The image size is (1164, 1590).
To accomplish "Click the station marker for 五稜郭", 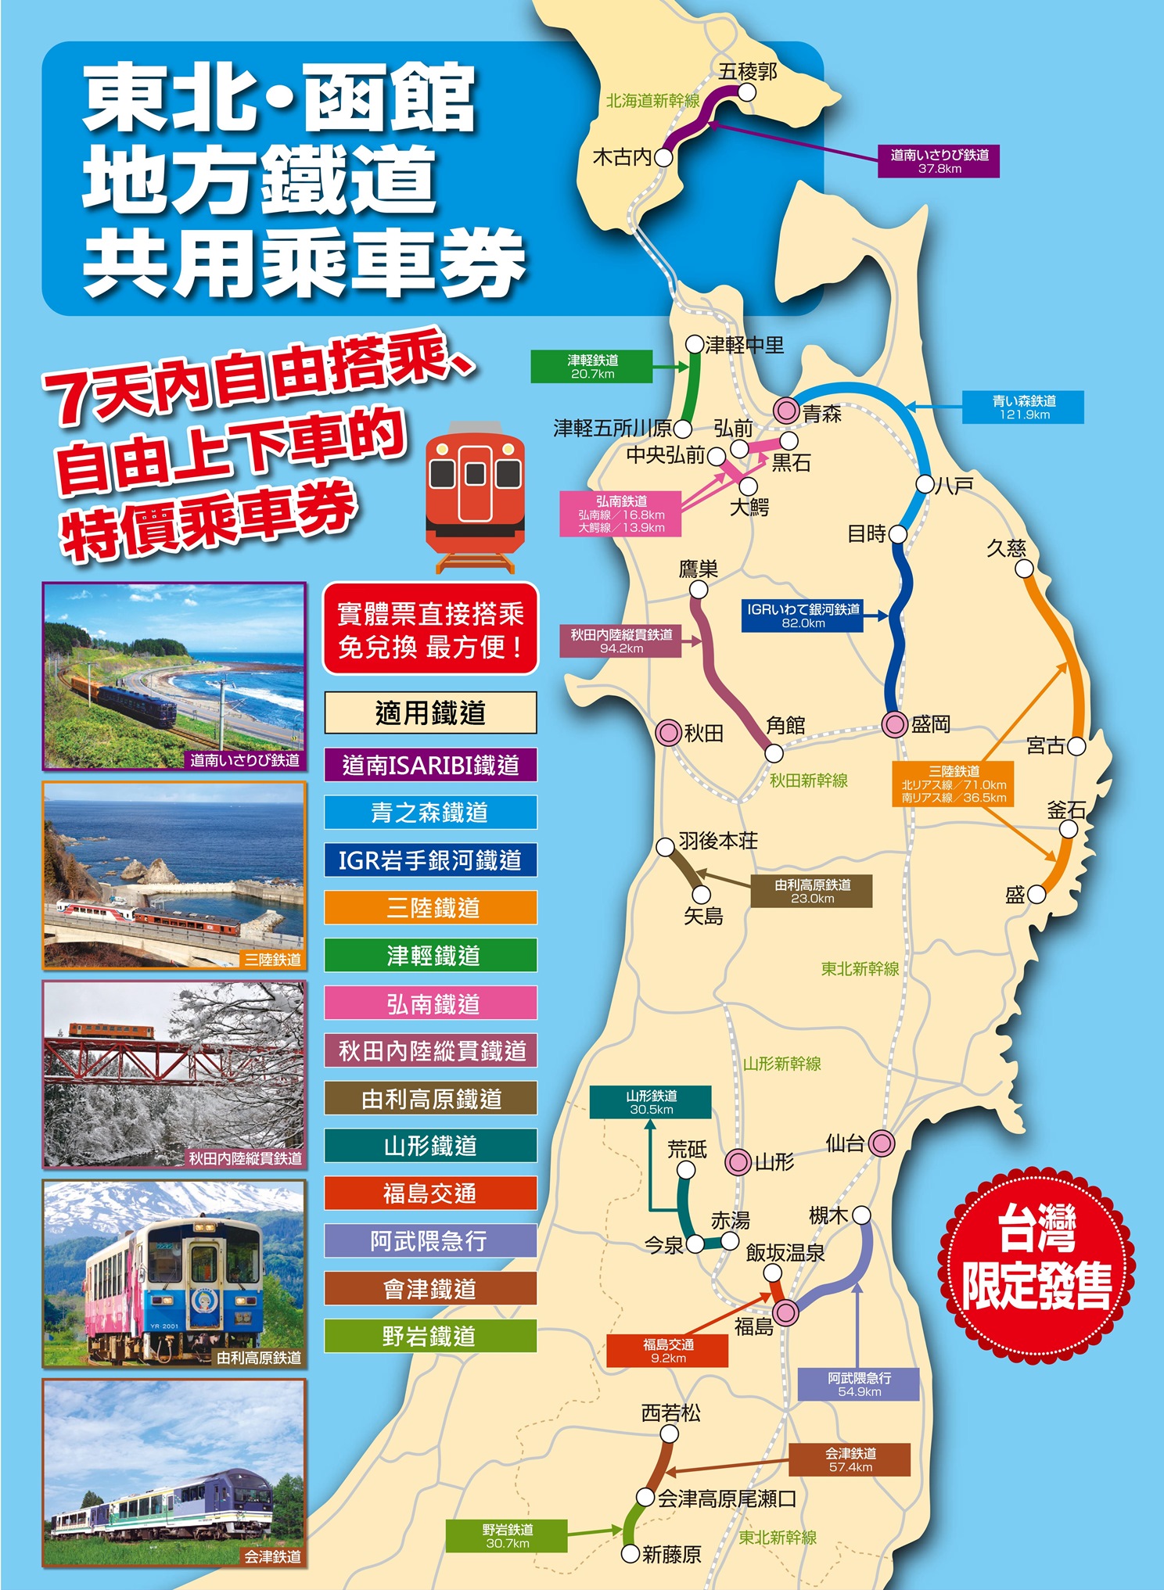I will tap(747, 92).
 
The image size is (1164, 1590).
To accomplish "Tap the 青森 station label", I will tap(821, 414).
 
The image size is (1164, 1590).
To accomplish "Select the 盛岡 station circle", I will tap(894, 724).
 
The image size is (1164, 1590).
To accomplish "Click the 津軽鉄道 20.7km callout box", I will tap(591, 367).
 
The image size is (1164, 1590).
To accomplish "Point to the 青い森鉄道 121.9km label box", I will tap(1022, 407).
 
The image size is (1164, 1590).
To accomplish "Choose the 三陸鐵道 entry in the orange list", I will tap(431, 908).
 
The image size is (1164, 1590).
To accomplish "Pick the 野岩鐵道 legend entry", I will tap(431, 1337).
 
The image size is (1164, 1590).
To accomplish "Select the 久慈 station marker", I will tap(1024, 569).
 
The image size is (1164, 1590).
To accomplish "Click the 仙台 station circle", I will tap(882, 1143).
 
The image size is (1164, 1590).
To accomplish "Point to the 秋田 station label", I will tap(704, 733).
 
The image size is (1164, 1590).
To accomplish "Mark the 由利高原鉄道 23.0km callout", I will tap(811, 892).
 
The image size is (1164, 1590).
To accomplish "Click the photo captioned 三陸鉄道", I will tap(174, 875).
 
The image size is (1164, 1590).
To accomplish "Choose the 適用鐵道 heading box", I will tap(431, 712).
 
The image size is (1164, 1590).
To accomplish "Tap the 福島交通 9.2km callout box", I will tap(667, 1351).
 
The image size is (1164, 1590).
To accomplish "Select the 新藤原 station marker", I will tap(631, 1553).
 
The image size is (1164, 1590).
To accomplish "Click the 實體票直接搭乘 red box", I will tap(431, 629).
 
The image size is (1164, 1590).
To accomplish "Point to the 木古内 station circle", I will tap(663, 157).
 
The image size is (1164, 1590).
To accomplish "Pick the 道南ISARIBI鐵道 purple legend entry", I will tap(431, 765).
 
